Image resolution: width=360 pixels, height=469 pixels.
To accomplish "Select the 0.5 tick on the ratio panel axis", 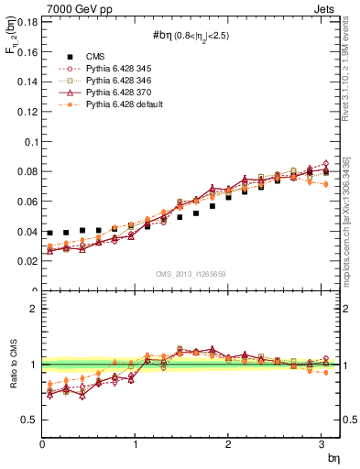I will (x=29, y=420).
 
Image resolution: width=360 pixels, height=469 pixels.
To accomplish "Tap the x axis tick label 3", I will (x=322, y=444).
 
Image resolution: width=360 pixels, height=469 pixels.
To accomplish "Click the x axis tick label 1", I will (x=136, y=444).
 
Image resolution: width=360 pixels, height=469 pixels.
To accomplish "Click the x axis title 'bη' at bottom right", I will (x=333, y=457).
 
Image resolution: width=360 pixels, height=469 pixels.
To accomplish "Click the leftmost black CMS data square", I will (x=49, y=234).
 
